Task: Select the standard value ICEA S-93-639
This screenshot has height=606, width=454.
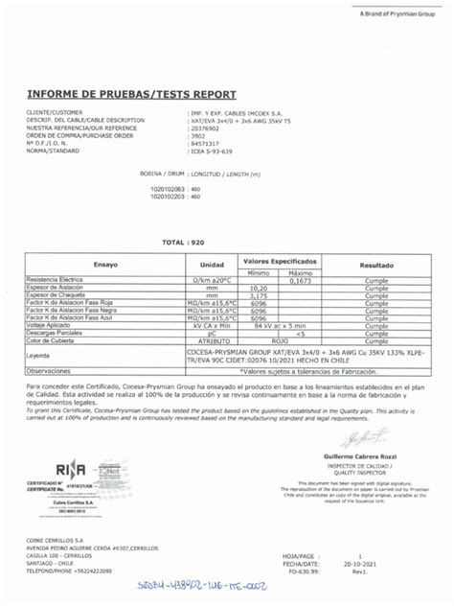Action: [211, 151]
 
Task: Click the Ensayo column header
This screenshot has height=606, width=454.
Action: [104, 263]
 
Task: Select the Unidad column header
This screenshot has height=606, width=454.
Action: [212, 263]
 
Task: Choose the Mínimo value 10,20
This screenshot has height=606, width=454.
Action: [258, 286]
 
